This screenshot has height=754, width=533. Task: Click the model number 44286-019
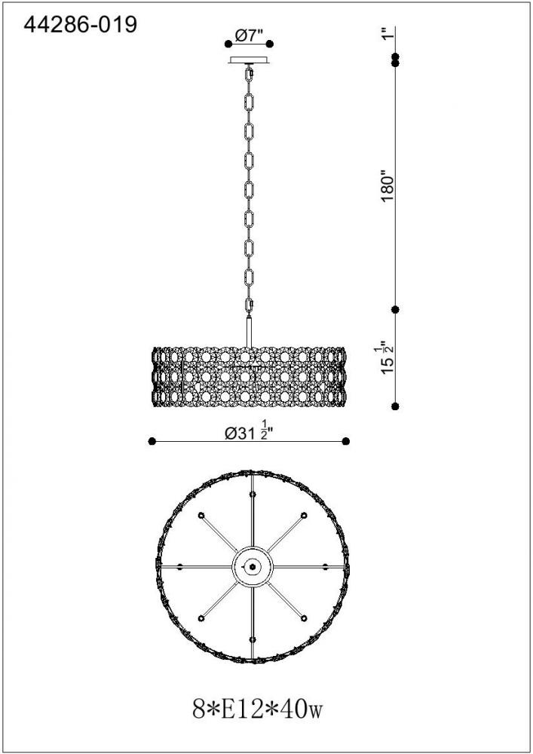80,25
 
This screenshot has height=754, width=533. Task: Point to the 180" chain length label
387,185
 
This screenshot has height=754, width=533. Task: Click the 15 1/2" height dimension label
387,358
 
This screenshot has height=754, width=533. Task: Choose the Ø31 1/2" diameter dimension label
249,432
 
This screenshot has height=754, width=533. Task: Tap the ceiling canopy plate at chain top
249,60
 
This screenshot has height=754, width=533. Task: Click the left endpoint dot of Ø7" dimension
228,44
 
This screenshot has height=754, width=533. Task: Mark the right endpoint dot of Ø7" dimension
270,44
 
